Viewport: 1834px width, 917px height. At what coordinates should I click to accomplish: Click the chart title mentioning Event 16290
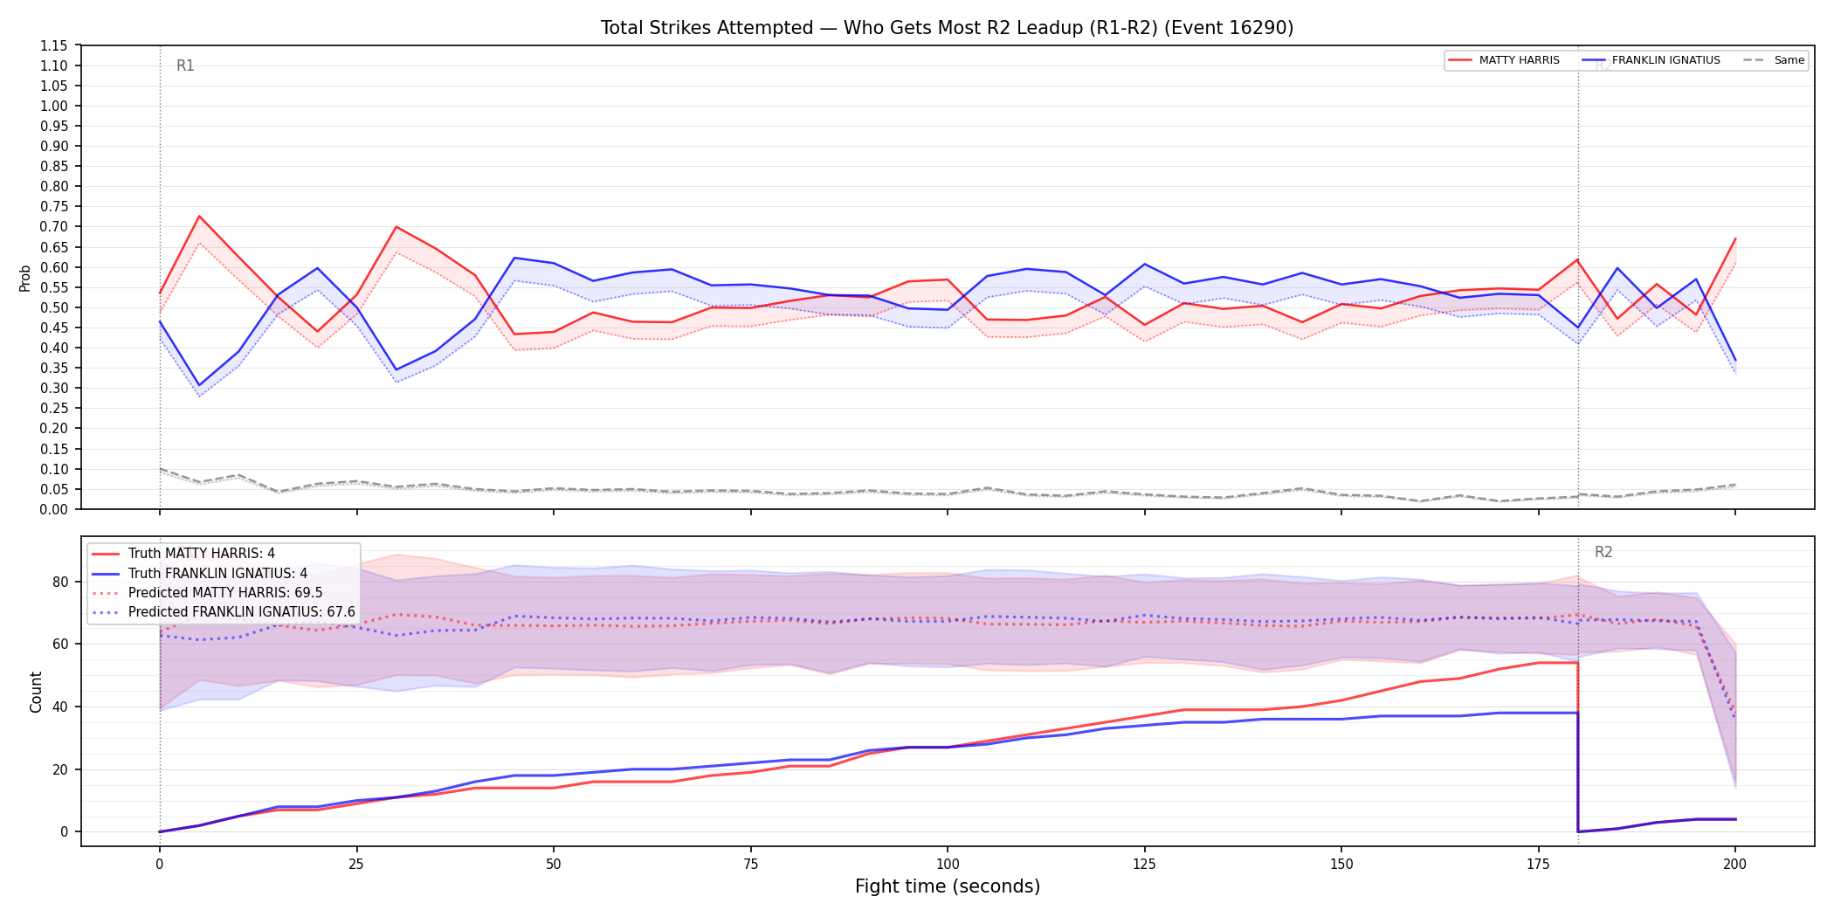(x=947, y=28)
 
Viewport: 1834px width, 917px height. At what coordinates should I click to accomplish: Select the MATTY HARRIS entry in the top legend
(x=1504, y=60)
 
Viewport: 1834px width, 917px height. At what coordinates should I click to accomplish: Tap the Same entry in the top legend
(x=1774, y=60)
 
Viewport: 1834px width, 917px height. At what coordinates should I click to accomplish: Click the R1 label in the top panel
(x=185, y=65)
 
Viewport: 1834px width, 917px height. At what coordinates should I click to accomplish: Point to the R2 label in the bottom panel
(x=1603, y=552)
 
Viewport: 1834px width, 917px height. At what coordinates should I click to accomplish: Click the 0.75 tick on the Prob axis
(x=54, y=206)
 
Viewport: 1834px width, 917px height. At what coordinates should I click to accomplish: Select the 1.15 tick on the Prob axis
(x=54, y=45)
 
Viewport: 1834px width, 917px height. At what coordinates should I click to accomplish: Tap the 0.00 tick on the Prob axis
(x=54, y=509)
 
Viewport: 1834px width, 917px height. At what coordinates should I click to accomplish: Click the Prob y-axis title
(x=25, y=278)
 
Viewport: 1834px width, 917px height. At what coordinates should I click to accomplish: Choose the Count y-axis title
(x=36, y=692)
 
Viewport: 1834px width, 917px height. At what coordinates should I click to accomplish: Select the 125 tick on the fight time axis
(x=1144, y=865)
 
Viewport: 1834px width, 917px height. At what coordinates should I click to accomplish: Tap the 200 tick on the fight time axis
(x=1734, y=865)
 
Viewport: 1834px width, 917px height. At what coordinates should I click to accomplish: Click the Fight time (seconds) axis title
(x=948, y=886)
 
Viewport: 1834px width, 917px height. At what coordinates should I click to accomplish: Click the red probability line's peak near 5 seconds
(x=199, y=216)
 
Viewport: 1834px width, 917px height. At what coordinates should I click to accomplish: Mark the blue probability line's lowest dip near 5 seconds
(x=199, y=385)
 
